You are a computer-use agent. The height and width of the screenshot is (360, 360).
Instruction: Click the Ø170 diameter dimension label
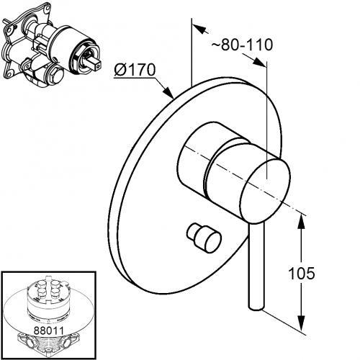click(x=135, y=70)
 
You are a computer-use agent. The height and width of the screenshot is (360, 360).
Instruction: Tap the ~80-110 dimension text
click(x=242, y=45)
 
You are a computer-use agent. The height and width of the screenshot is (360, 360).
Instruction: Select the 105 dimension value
click(x=301, y=273)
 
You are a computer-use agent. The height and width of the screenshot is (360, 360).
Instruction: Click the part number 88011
click(x=49, y=330)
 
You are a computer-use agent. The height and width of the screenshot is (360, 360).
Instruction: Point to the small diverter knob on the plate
click(x=204, y=238)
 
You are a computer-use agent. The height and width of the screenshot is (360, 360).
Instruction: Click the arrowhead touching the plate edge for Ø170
click(x=168, y=93)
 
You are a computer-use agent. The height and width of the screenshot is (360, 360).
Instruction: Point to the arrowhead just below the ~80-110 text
click(x=259, y=63)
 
